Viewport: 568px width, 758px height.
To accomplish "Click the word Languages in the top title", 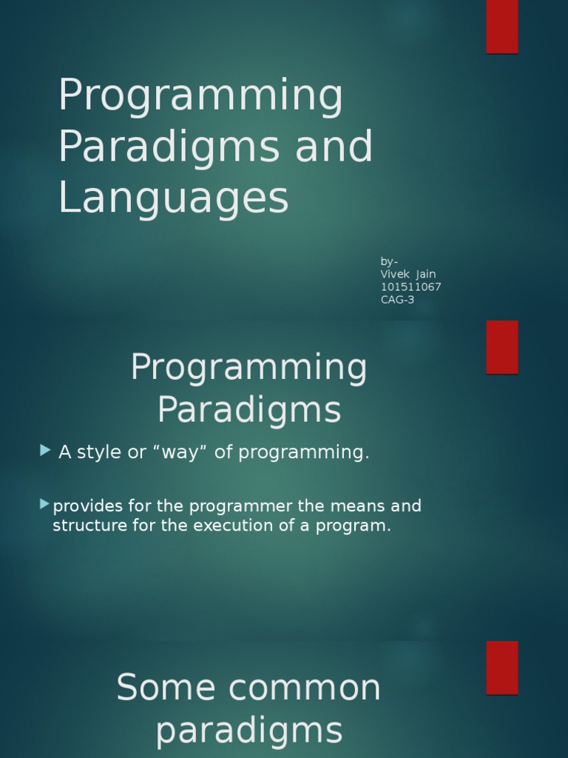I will coord(173,198).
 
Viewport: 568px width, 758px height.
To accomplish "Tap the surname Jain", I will coord(426,275).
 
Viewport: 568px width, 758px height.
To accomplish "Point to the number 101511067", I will coord(411,287).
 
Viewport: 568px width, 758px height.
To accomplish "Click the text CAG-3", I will coord(397,300).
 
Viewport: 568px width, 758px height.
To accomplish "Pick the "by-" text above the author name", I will coord(389,261).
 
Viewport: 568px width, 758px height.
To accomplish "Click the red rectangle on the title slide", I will coord(502,26).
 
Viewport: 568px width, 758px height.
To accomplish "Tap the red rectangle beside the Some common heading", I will coord(502,667).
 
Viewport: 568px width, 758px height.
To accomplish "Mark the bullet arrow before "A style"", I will coord(46,450).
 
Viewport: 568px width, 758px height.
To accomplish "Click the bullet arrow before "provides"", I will coord(45,505).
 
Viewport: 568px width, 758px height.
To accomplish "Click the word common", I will coord(305,688).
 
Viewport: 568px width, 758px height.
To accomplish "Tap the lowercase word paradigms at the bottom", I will coord(249,731).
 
